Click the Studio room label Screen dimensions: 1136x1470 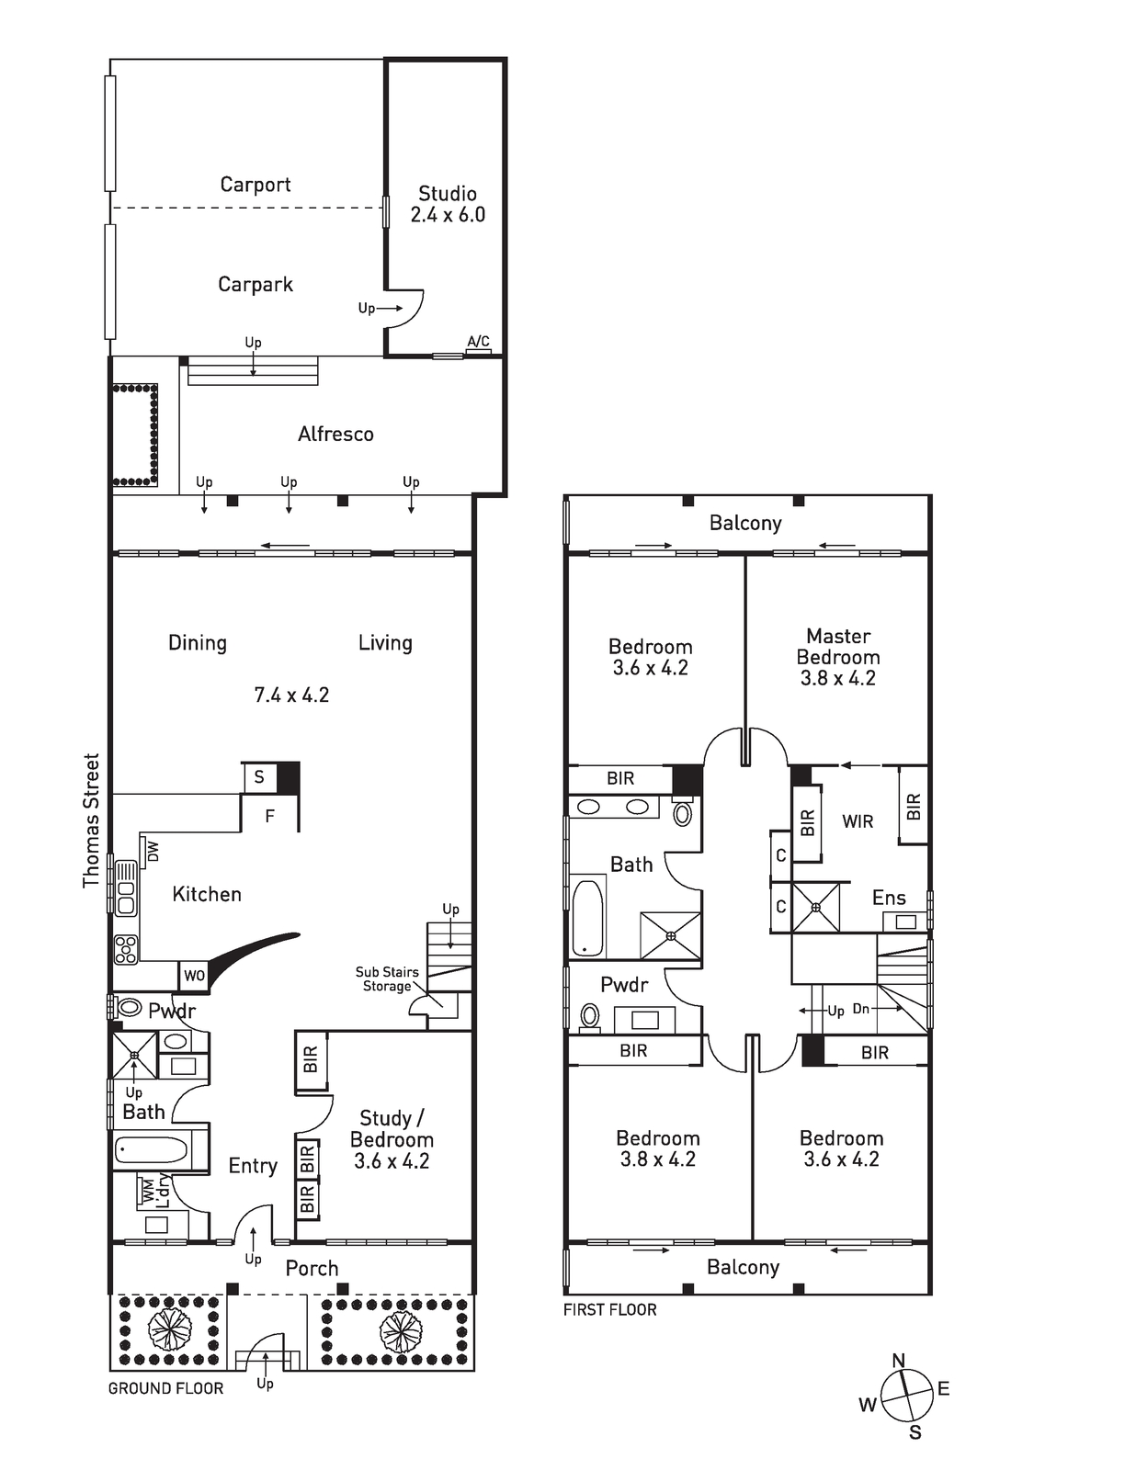(448, 194)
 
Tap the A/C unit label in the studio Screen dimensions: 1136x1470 (478, 342)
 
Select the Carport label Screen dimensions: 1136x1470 (256, 185)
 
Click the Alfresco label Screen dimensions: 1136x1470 (335, 434)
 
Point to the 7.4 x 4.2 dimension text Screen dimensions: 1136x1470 (291, 695)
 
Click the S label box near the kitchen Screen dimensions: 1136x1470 (260, 777)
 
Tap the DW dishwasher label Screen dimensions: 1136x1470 (153, 852)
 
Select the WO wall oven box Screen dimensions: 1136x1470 (194, 976)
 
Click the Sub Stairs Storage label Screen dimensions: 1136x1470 (386, 978)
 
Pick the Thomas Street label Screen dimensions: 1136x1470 (91, 820)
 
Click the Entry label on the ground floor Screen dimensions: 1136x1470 (253, 1166)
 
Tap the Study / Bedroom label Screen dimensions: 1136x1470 (392, 1139)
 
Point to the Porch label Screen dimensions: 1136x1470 (312, 1268)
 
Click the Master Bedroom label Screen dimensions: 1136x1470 (838, 657)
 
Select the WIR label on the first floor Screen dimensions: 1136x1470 (858, 821)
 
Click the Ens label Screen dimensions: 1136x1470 (889, 898)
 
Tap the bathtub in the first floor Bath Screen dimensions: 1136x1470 (588, 917)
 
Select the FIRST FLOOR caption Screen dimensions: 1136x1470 (609, 1309)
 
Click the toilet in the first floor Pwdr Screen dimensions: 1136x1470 (590, 1016)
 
